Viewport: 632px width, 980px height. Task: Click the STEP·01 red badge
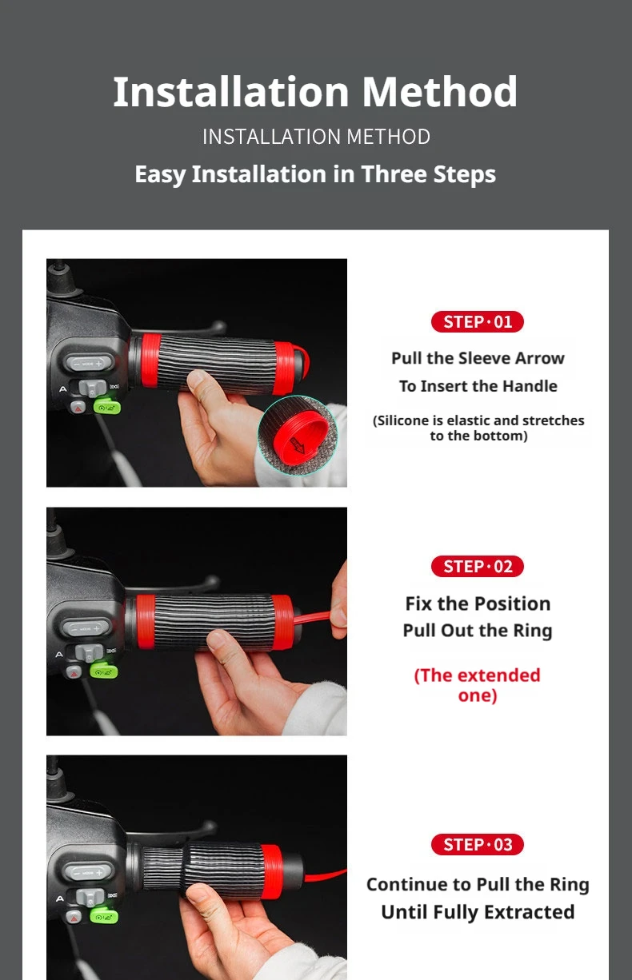[x=478, y=322]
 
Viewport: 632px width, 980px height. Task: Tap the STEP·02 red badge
[x=478, y=567]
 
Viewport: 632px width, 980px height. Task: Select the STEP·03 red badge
[x=478, y=844]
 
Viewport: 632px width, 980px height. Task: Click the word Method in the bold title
[x=440, y=92]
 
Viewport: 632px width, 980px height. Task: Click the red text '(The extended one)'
[x=478, y=685]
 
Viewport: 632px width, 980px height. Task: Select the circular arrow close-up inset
[x=298, y=436]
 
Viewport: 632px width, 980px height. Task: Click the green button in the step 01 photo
[x=106, y=405]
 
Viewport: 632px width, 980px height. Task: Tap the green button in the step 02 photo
[x=103, y=670]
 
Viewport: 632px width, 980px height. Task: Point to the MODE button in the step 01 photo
[x=89, y=363]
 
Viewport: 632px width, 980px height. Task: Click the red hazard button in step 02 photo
[x=74, y=672]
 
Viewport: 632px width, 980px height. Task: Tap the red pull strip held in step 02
[x=312, y=618]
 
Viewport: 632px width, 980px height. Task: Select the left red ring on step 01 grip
[x=150, y=361]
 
